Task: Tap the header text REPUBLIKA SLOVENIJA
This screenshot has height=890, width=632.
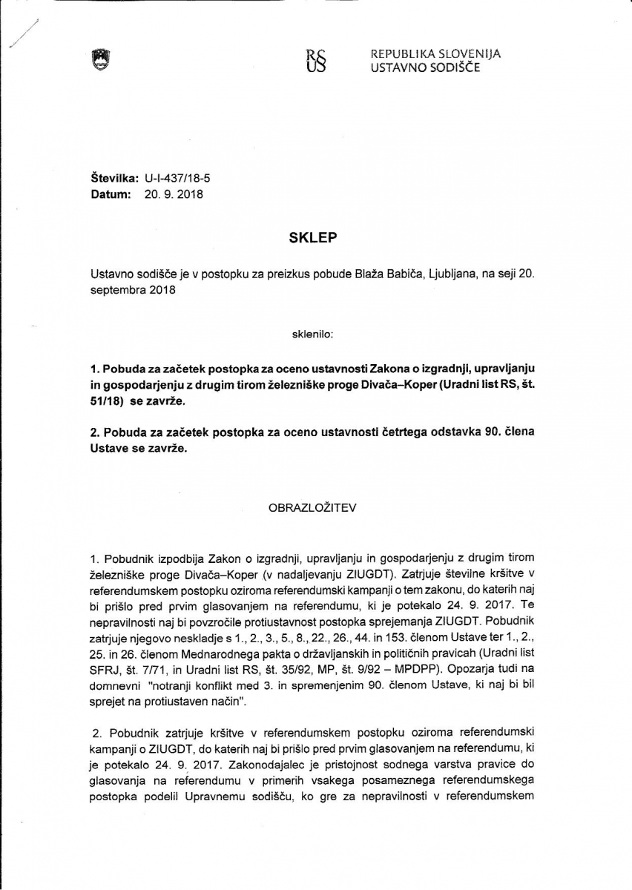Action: tap(435, 54)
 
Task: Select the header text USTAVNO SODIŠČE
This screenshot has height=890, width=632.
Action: tap(425, 67)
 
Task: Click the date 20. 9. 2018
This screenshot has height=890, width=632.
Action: tap(174, 194)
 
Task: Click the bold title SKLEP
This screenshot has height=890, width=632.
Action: tap(312, 238)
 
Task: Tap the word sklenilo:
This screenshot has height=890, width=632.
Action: tap(312, 334)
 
